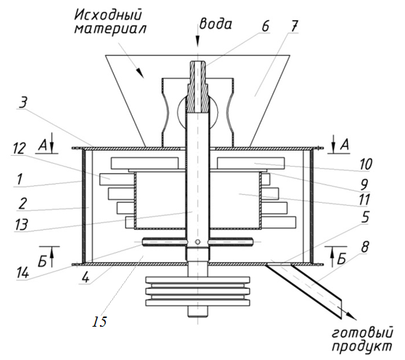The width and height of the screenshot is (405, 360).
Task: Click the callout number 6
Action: (x=265, y=26)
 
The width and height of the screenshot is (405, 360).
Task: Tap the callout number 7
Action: (x=294, y=25)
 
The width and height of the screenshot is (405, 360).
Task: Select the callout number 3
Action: (x=22, y=103)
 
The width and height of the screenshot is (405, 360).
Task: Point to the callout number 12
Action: (x=19, y=148)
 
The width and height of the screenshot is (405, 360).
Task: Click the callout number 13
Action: (x=21, y=224)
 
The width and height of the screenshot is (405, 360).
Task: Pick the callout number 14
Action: (x=22, y=272)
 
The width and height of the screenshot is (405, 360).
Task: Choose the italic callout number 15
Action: (x=99, y=322)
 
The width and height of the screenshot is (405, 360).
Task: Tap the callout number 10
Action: (x=365, y=164)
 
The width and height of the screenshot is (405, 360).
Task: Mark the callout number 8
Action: (x=364, y=247)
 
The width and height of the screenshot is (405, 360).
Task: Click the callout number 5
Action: (x=364, y=217)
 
